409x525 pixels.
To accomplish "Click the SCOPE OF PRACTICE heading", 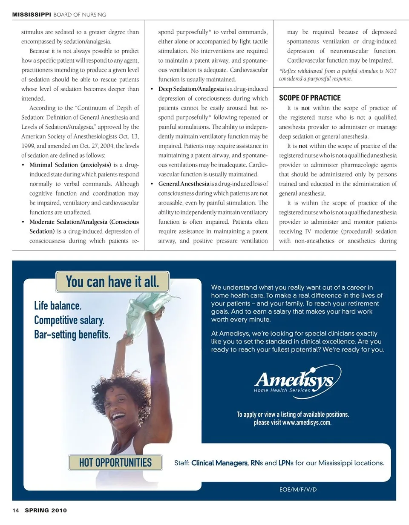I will pos(310,98).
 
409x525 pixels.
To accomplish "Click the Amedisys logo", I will pos(297,381).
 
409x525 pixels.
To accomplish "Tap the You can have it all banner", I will pos(112,282).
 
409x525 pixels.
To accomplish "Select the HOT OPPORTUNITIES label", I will pos(115,462).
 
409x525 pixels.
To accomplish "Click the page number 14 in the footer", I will pos(15,510).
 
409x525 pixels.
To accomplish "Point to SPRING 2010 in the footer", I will pos(46,510).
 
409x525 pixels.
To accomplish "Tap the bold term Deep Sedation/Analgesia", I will pos(191,89).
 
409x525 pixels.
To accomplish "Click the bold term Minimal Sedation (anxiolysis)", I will pos(70,165).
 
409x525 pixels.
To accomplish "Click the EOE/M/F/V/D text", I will pos(298,490).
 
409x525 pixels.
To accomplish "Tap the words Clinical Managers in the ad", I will pos(219,463).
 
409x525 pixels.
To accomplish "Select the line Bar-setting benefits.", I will pos(72,335).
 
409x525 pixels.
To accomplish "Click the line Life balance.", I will pos(58,306).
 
